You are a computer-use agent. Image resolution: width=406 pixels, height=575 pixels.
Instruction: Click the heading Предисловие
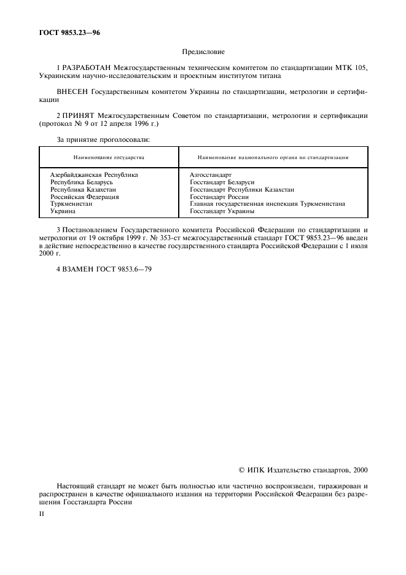203,53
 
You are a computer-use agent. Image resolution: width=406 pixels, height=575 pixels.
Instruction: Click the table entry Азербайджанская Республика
94,175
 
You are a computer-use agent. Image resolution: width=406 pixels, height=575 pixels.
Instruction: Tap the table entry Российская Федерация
84,197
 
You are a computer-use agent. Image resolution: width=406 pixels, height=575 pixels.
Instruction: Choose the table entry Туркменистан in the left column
71,204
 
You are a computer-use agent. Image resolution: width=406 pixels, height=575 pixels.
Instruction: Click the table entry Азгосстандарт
211,175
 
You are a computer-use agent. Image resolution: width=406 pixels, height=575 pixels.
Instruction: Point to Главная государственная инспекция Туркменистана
267,204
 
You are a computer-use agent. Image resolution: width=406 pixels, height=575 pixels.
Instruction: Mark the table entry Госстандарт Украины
222,211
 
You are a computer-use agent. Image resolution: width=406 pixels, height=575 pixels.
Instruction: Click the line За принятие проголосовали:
103,139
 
